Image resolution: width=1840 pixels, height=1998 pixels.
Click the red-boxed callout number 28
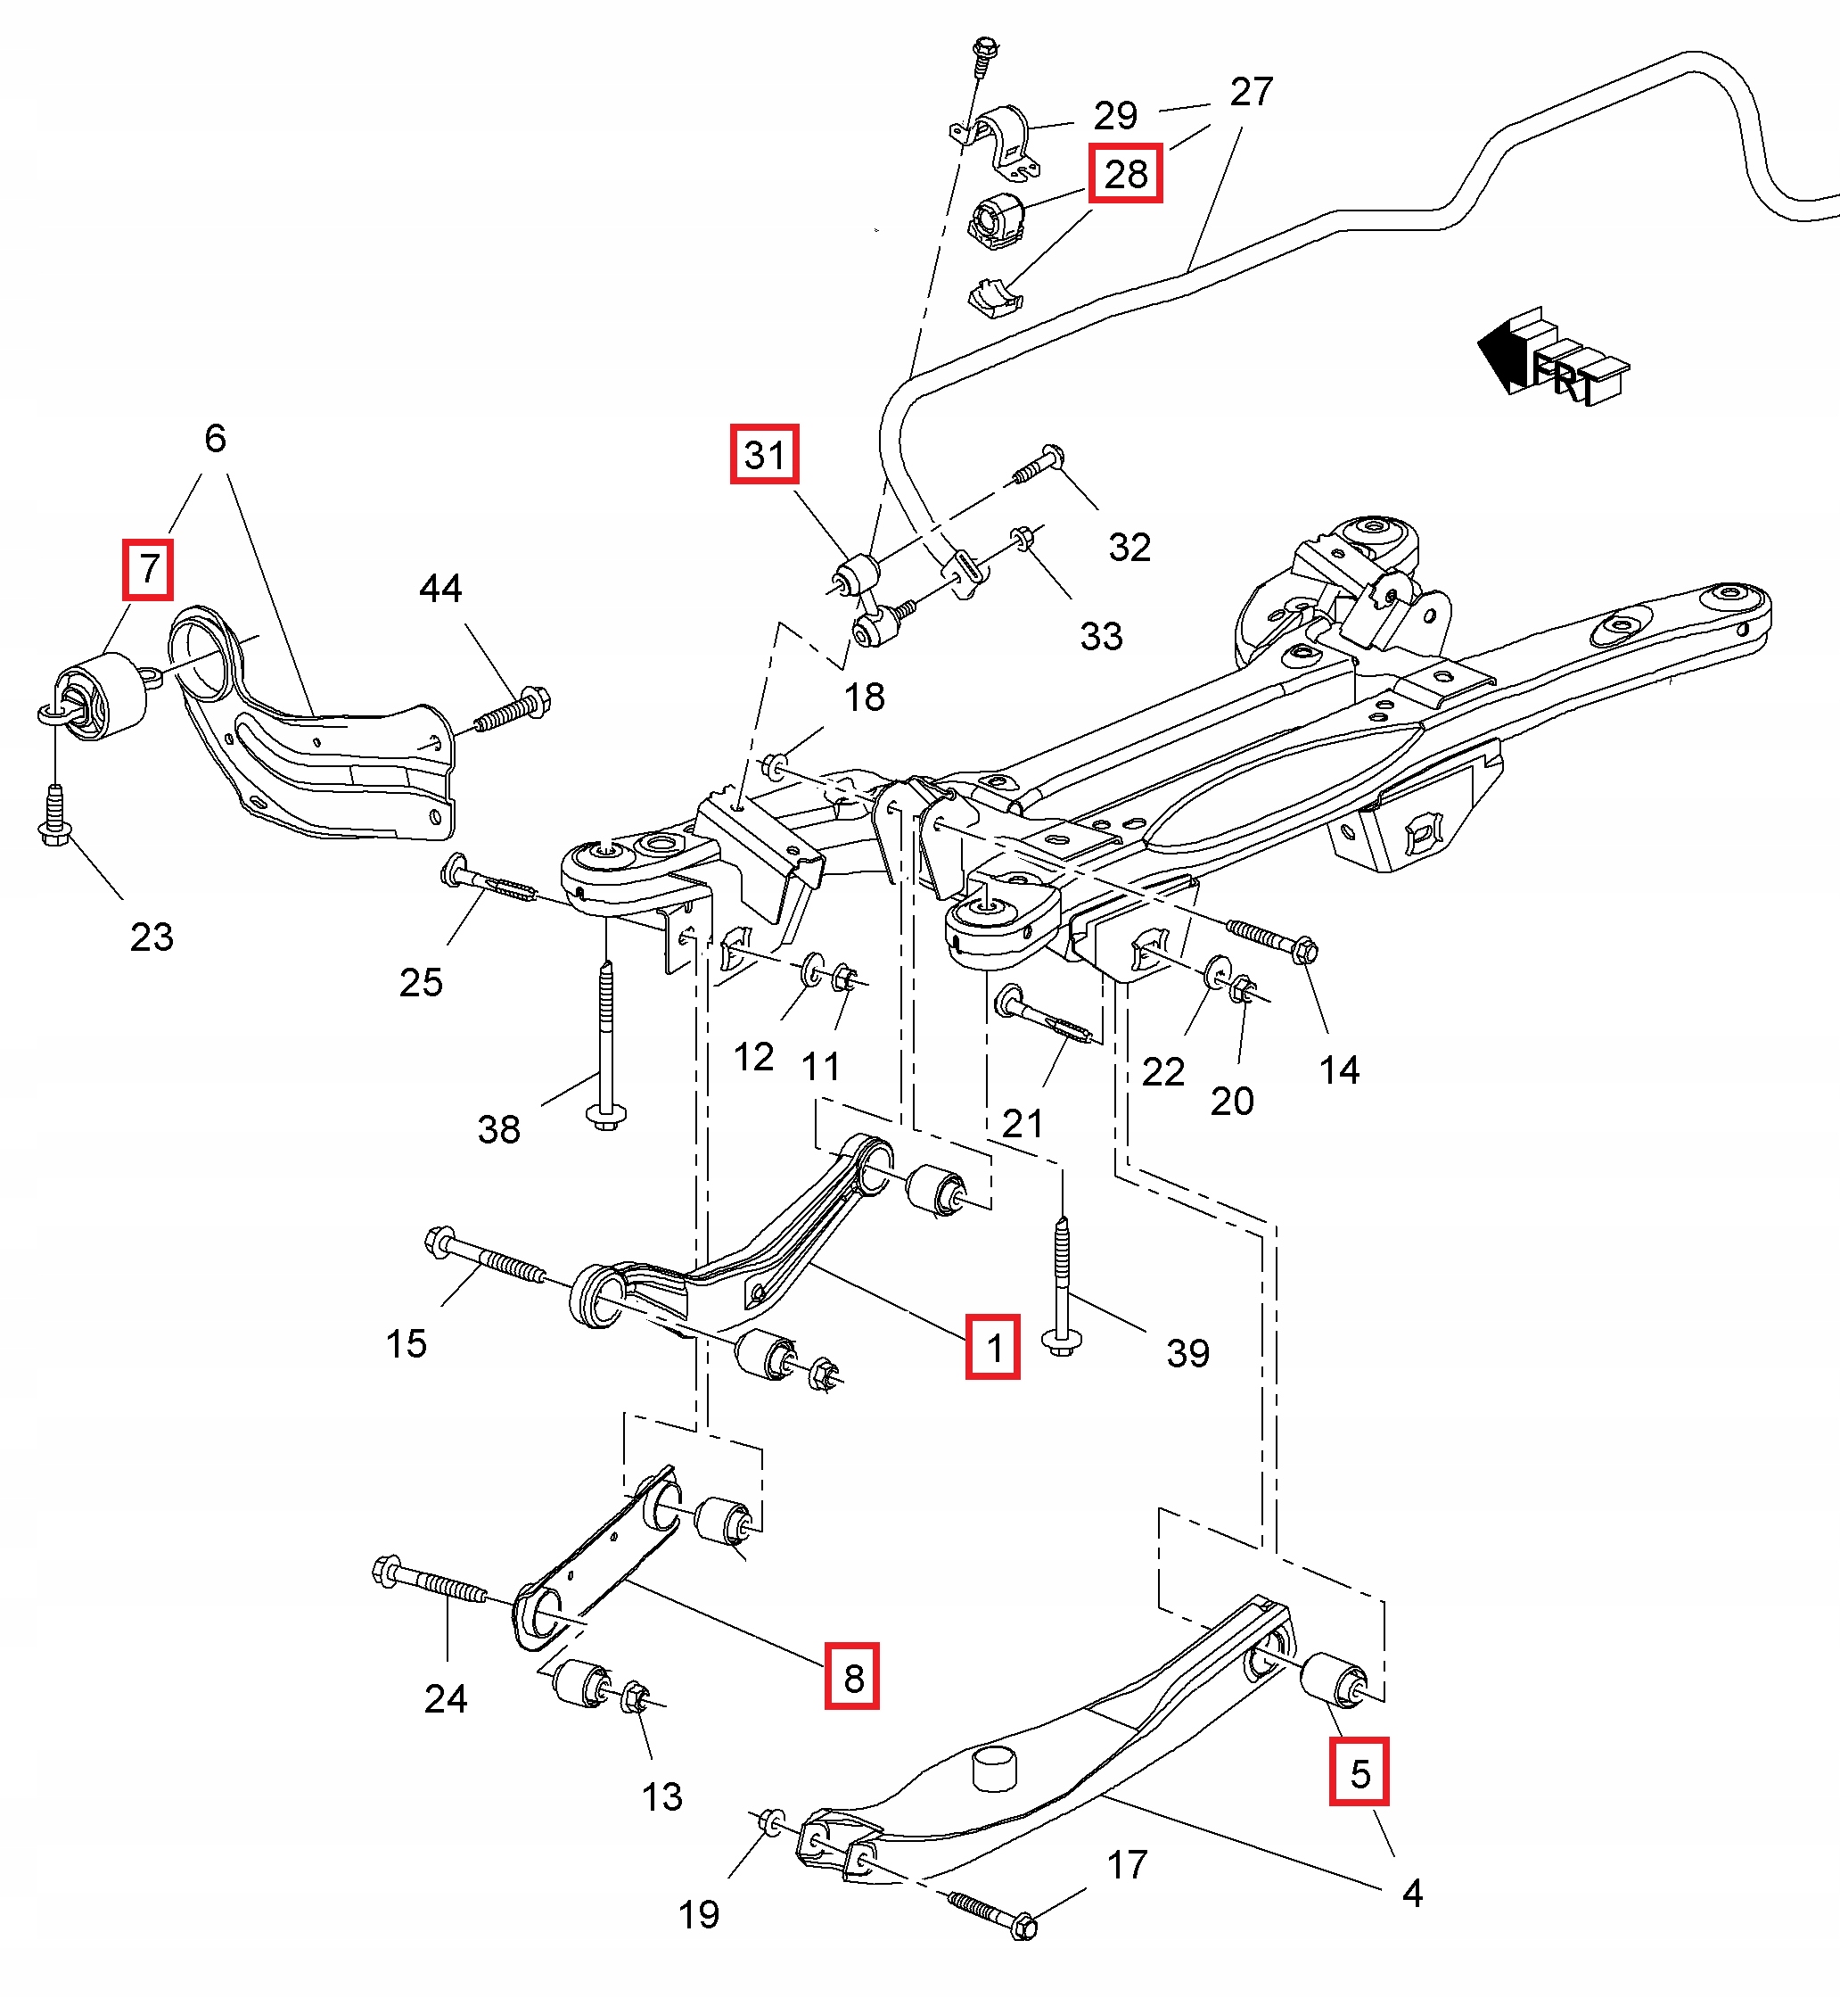pyautogui.click(x=1125, y=174)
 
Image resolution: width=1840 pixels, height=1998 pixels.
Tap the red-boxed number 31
pyautogui.click(x=764, y=454)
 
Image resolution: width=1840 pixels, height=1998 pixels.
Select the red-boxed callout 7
pyautogui.click(x=148, y=570)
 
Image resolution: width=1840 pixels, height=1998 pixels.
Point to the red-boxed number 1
pyautogui.click(x=993, y=1347)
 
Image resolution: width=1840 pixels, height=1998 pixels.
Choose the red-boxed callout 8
pyautogui.click(x=852, y=1679)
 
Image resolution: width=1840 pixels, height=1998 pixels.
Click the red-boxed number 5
pyautogui.click(x=1359, y=1774)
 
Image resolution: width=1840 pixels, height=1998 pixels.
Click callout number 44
pyautogui.click(x=440, y=589)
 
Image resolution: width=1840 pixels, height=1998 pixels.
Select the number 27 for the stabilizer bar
pyautogui.click(x=1252, y=92)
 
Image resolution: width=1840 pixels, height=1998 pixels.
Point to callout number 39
pyautogui.click(x=1187, y=1352)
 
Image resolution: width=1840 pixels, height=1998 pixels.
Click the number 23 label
pyautogui.click(x=152, y=937)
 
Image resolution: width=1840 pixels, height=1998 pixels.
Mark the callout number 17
pyautogui.click(x=1127, y=1864)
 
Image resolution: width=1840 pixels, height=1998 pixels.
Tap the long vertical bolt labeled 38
pyautogui.click(x=606, y=1044)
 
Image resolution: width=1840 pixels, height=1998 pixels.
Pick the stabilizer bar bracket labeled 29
pyautogui.click(x=995, y=140)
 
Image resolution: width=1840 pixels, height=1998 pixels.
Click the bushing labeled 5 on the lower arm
pyautogui.click(x=1334, y=1679)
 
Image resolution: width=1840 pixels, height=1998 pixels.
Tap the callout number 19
pyautogui.click(x=698, y=1913)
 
